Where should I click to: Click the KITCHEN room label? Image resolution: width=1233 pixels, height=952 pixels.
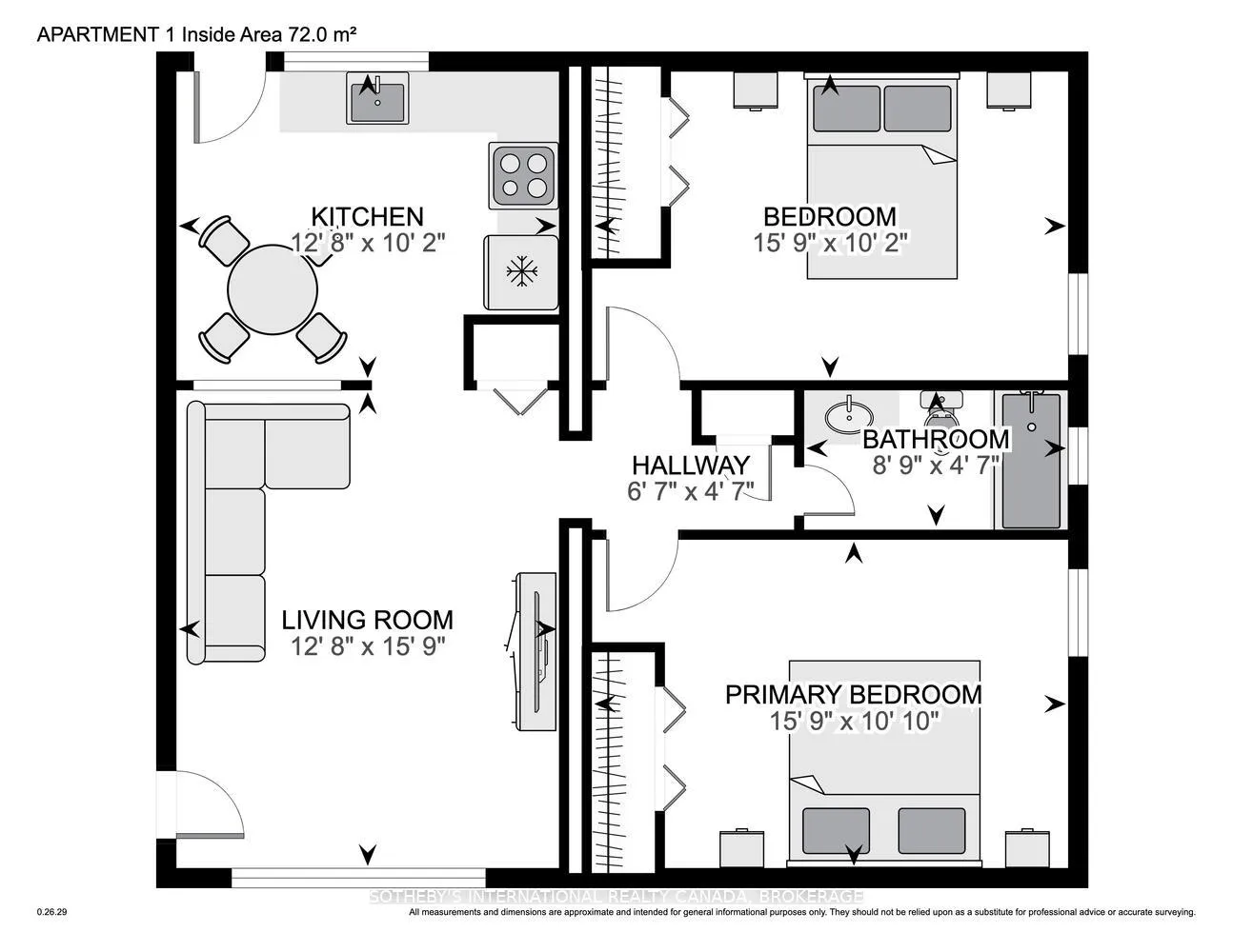[367, 217]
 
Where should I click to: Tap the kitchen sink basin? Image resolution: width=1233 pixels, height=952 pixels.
[377, 102]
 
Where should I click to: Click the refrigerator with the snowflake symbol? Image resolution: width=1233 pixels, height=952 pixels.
[521, 272]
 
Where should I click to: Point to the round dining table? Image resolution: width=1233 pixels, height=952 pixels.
[273, 289]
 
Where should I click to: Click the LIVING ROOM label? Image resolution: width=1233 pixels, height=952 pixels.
[367, 620]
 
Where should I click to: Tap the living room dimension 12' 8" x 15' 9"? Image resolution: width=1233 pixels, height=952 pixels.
[368, 646]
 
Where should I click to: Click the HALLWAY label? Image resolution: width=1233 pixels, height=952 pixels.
[691, 466]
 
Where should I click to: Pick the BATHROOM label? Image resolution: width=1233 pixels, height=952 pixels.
[936, 439]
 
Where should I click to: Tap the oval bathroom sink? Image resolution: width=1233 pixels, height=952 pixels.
[849, 417]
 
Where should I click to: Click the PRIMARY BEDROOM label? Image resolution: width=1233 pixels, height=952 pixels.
[854, 695]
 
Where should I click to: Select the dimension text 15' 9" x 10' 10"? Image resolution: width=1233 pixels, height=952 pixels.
[854, 722]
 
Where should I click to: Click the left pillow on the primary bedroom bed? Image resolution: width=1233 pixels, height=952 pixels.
[836, 831]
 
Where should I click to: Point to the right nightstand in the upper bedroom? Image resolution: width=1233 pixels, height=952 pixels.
[1008, 89]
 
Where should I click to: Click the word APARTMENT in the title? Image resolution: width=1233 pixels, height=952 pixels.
[97, 35]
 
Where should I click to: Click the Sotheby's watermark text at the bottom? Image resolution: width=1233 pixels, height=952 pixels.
[616, 897]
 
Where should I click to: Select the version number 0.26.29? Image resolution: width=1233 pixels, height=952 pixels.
[52, 912]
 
